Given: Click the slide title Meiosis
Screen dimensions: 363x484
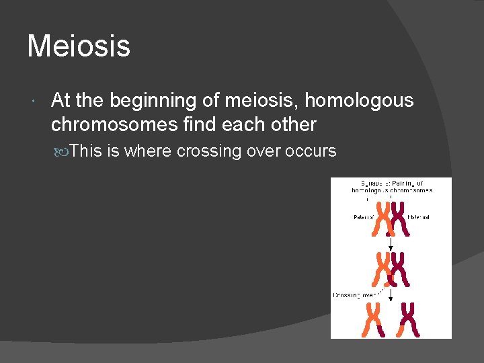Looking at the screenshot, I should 79,46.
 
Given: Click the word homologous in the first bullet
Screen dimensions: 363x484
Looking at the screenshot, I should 359,100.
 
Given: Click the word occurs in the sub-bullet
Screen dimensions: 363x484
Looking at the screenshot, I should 311,151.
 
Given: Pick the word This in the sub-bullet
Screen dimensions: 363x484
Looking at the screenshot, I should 85,151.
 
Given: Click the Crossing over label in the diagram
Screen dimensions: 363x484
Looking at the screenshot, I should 354,295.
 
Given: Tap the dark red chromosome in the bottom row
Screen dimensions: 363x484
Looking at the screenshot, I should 408,319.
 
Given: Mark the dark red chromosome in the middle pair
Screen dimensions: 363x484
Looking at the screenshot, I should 399,269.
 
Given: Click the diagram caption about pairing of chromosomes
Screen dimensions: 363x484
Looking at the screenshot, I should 391,186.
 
